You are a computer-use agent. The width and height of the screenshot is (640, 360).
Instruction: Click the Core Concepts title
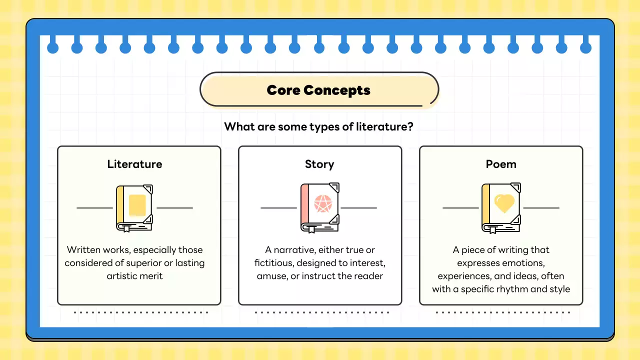click(x=318, y=90)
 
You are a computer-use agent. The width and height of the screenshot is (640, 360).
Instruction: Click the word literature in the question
click(x=384, y=126)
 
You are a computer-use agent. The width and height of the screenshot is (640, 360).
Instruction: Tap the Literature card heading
click(x=134, y=164)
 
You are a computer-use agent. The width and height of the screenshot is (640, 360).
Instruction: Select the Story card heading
click(x=319, y=164)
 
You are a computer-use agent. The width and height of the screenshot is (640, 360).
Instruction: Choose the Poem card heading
click(x=501, y=164)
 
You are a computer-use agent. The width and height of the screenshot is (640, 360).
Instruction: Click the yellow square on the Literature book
click(x=137, y=205)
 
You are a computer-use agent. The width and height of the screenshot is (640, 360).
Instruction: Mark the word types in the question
click(x=304, y=127)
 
